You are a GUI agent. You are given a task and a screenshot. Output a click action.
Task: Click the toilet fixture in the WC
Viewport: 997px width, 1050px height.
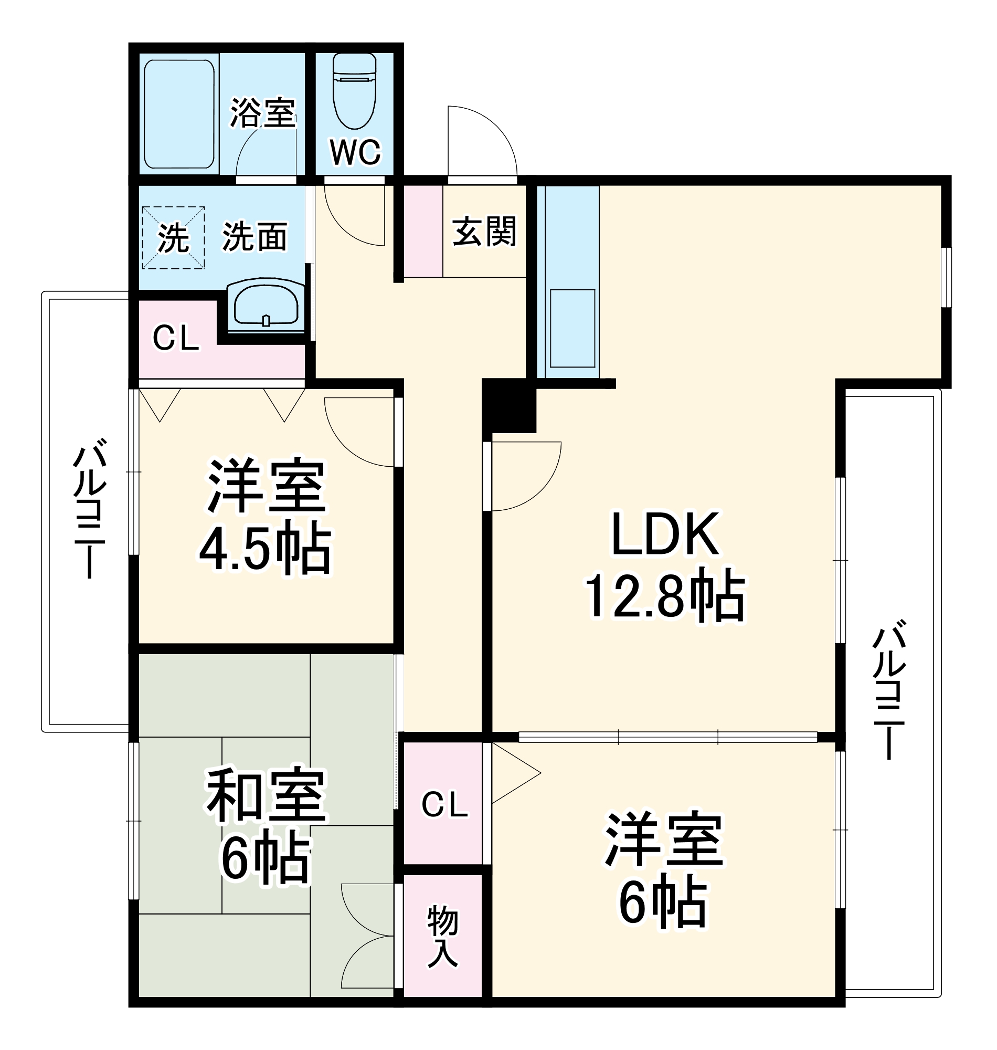[x=355, y=93]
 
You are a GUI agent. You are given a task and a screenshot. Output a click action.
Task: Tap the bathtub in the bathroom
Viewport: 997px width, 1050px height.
[x=179, y=114]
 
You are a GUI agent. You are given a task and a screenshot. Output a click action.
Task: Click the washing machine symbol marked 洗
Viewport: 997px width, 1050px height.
[x=173, y=238]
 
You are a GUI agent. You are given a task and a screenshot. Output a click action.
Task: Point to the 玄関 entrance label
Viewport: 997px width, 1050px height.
[x=484, y=232]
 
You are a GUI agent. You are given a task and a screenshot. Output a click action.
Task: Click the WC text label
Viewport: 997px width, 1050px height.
[x=355, y=152]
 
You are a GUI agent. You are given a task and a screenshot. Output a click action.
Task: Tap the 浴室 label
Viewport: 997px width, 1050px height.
[x=262, y=113]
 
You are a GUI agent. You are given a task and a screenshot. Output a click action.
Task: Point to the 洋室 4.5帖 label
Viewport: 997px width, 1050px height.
[x=266, y=516]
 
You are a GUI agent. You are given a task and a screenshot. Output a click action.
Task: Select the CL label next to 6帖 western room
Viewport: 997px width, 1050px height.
[x=444, y=804]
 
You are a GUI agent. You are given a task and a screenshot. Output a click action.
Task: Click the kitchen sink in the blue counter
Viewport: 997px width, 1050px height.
[x=572, y=328]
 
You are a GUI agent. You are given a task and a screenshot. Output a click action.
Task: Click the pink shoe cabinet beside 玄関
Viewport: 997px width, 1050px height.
[x=423, y=232]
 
